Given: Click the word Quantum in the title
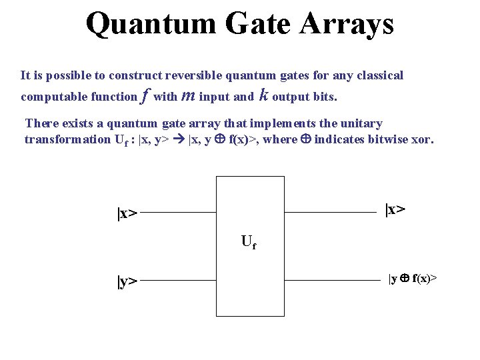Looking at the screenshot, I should (x=151, y=24).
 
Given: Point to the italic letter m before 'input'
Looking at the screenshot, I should (x=188, y=96).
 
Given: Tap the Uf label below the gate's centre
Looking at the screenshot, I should (x=248, y=243).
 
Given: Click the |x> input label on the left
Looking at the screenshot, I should (x=127, y=213).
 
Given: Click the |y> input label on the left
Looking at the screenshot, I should (x=127, y=281).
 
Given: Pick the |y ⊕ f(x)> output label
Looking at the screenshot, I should (x=413, y=277).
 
